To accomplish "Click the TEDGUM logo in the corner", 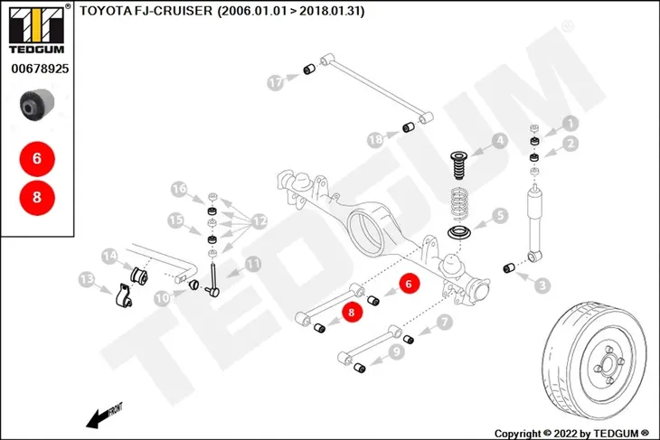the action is (37, 30).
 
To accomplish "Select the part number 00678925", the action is (40, 69).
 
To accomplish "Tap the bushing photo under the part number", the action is (37, 104).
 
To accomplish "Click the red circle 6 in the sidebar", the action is (37, 159).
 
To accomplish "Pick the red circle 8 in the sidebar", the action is (37, 197).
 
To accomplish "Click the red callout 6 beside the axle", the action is (409, 284).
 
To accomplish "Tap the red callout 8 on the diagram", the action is (352, 312).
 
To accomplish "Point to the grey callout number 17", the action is (275, 82).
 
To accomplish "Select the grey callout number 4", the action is (500, 141).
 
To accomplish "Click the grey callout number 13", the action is (87, 280).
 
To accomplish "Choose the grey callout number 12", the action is (259, 221).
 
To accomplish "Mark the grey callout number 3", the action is (542, 286).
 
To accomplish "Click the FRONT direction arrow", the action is (104, 416).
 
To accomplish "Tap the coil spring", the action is (459, 205).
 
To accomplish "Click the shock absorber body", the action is (535, 222).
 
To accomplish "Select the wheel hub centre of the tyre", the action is (608, 363).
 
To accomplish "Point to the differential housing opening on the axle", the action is (366, 232).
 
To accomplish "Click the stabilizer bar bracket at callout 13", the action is (123, 295).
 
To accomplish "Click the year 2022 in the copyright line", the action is (565, 434).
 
